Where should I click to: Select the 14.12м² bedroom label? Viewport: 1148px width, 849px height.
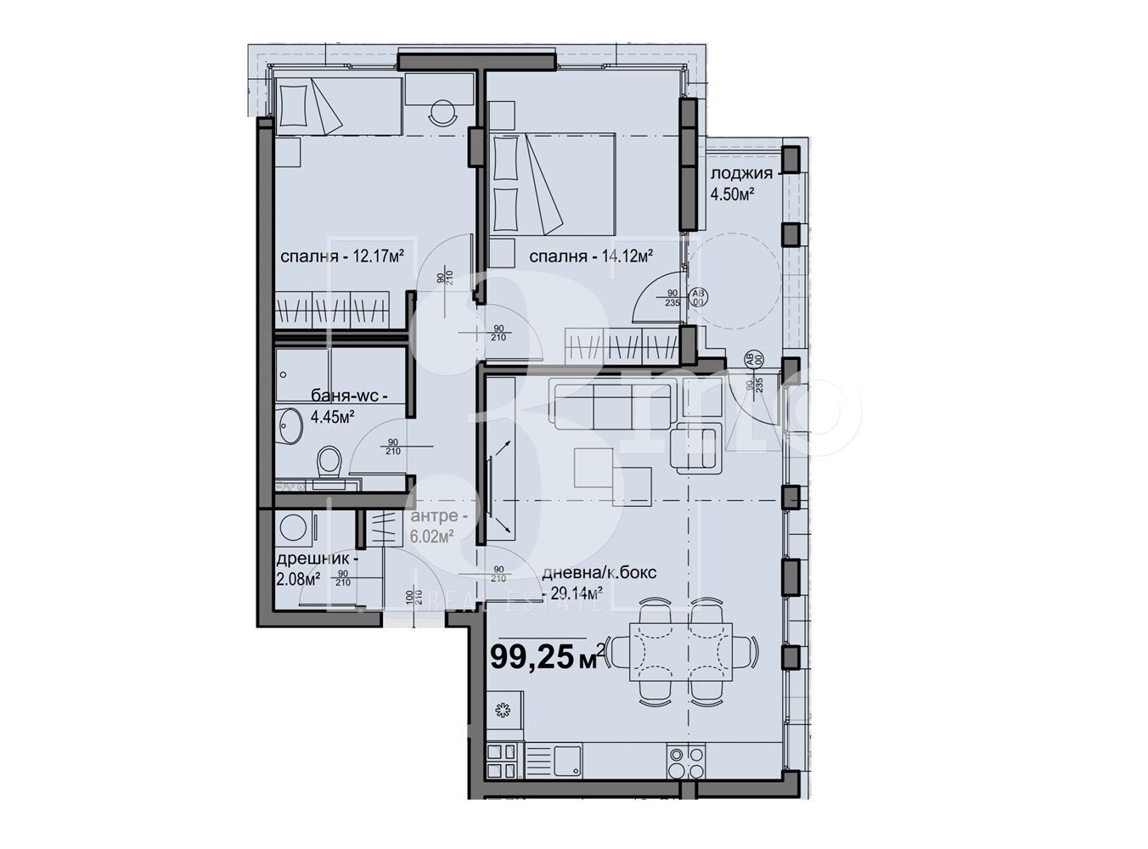(x=590, y=256)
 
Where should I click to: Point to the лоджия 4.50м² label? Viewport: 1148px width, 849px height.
(x=741, y=183)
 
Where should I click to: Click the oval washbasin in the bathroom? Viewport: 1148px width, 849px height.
(x=290, y=425)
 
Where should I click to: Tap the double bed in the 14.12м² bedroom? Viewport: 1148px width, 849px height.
(x=553, y=183)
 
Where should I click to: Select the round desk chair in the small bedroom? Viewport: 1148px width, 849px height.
(x=443, y=112)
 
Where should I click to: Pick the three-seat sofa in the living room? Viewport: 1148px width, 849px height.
(x=613, y=404)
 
